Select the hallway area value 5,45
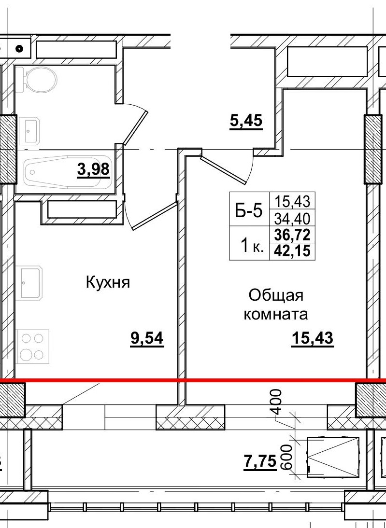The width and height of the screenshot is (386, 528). pyautogui.click(x=245, y=120)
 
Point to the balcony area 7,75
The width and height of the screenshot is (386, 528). pyautogui.click(x=259, y=462)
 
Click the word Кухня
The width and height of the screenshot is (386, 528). pyautogui.click(x=108, y=282)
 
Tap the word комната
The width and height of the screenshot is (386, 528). pyautogui.click(x=276, y=315)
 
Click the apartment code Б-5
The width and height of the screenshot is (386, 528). pyautogui.click(x=251, y=211)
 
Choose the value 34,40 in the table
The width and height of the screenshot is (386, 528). pyautogui.click(x=292, y=219)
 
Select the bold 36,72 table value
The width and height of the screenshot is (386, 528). pyautogui.click(x=292, y=235)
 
